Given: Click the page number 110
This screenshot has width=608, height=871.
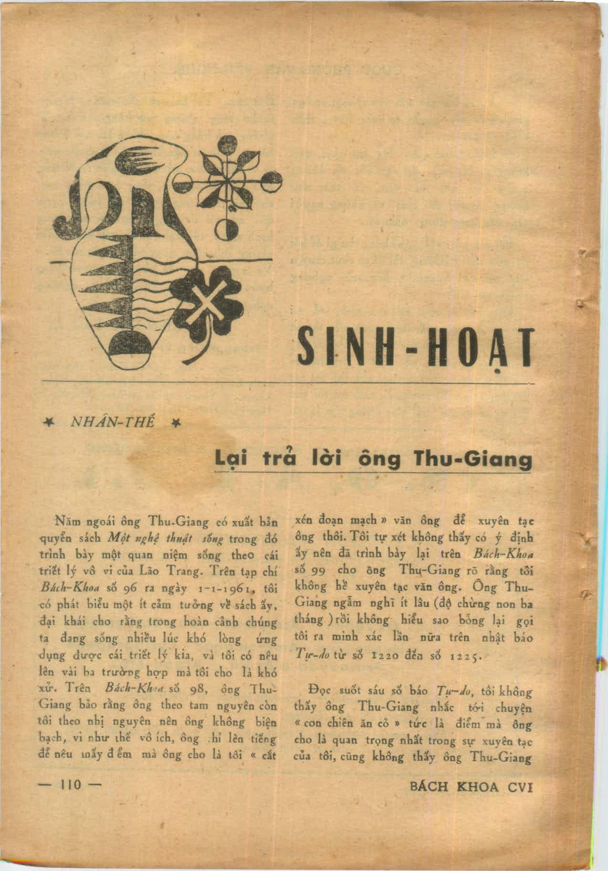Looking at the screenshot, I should [67, 785].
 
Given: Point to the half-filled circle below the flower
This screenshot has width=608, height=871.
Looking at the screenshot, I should [222, 230].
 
